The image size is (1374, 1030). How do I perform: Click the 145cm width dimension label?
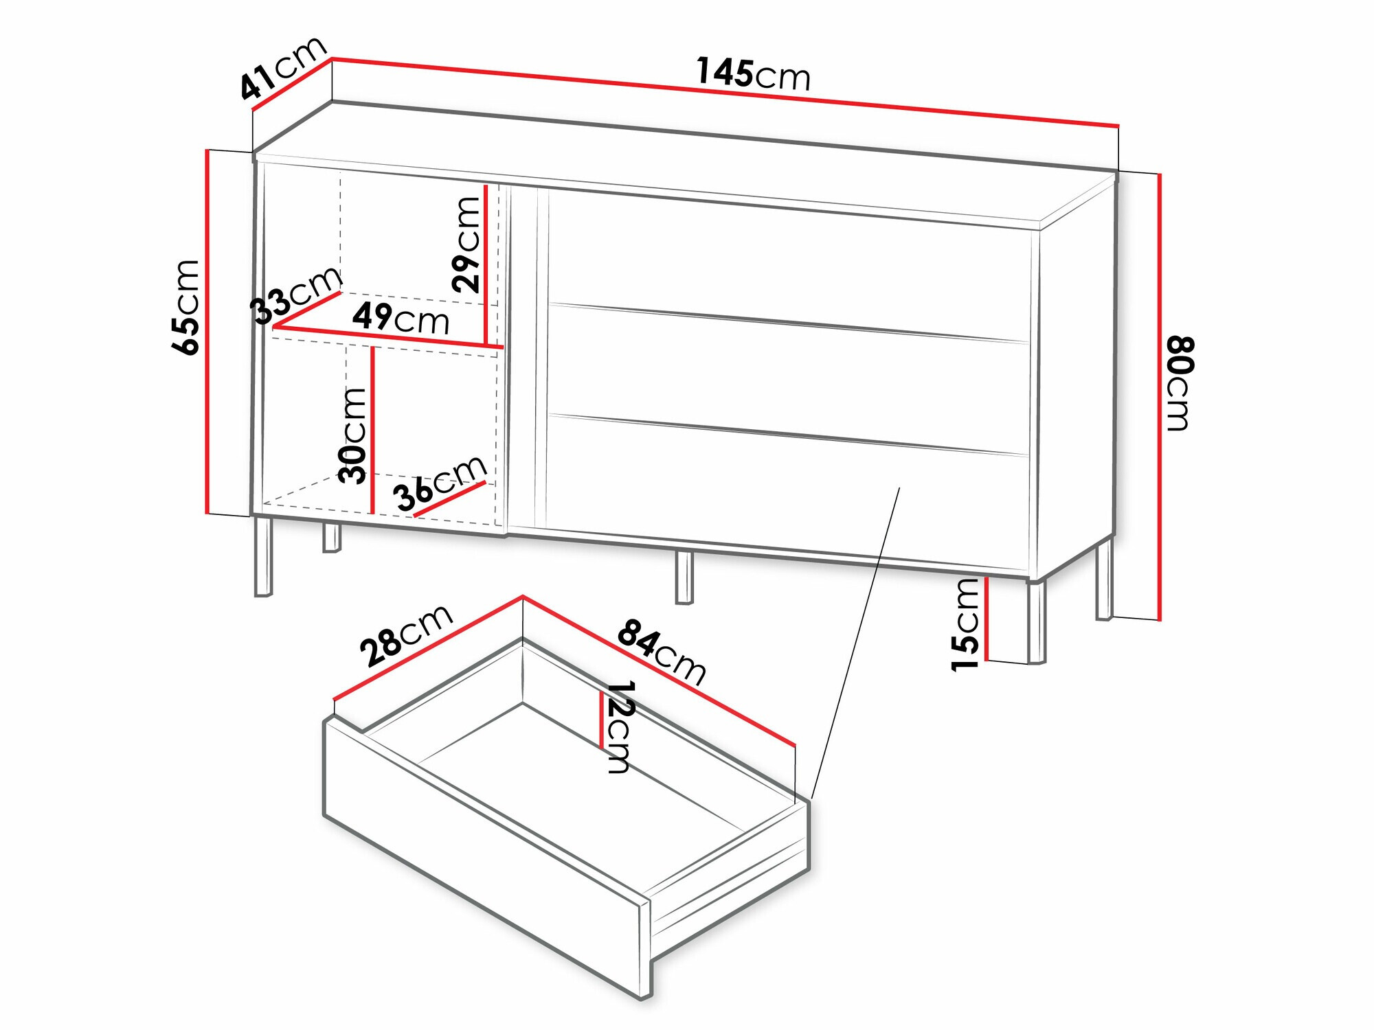pyautogui.click(x=754, y=73)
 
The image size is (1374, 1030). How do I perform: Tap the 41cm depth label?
pyautogui.click(x=282, y=67)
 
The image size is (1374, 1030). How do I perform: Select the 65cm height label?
pyautogui.click(x=186, y=307)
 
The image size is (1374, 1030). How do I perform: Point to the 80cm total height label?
pyautogui.click(x=1180, y=383)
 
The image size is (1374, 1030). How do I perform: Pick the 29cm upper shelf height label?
pyautogui.click(x=466, y=244)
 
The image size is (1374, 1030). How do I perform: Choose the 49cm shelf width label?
pyautogui.click(x=401, y=318)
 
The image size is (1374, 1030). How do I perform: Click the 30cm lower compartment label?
pyautogui.click(x=352, y=435)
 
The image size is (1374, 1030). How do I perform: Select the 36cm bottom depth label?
pyautogui.click(x=440, y=483)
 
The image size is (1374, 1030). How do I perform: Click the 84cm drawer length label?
pyautogui.click(x=662, y=652)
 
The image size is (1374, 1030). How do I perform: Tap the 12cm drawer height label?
pyautogui.click(x=620, y=726)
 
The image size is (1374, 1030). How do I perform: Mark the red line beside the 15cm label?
pyautogui.click(x=987, y=618)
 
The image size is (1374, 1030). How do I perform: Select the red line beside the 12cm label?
pyautogui.click(x=602, y=719)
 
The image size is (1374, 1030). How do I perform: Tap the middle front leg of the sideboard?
pyautogui.click(x=684, y=577)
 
